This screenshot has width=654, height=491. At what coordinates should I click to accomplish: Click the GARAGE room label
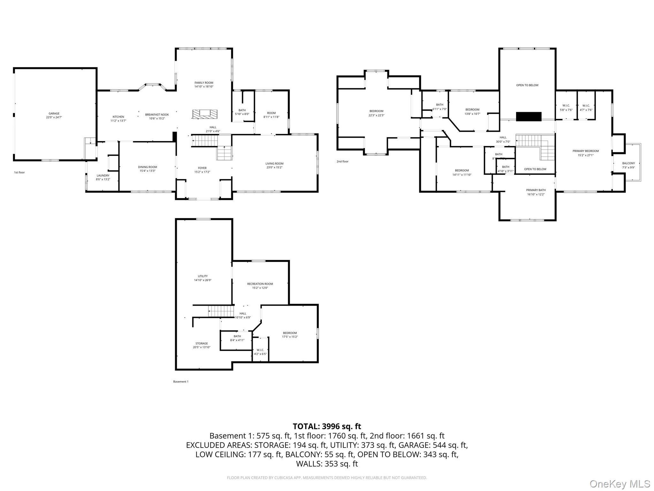click(54, 113)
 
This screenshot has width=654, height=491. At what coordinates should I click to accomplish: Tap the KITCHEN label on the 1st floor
click(118, 117)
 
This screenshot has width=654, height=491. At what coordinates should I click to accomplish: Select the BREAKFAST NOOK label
click(157, 114)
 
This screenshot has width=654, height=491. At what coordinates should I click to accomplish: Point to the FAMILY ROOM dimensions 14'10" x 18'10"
click(204, 87)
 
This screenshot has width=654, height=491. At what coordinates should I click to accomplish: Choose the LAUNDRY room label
click(103, 175)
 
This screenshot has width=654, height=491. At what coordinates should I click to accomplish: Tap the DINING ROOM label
click(148, 167)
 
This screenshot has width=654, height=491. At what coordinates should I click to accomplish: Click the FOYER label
click(202, 168)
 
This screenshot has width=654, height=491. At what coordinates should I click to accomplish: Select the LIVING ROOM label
click(274, 164)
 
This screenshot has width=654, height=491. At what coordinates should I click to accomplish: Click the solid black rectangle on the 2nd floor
click(529, 117)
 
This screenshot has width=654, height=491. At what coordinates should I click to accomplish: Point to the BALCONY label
click(628, 163)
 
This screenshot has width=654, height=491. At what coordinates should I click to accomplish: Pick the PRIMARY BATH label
click(536, 190)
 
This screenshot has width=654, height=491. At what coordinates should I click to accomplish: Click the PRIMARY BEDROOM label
click(585, 151)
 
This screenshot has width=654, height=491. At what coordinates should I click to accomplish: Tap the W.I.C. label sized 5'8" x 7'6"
click(566, 106)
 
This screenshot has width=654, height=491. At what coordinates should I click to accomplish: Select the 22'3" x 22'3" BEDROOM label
click(376, 111)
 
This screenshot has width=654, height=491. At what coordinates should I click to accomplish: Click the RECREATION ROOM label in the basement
click(260, 284)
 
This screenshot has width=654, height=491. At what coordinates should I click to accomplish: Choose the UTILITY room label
click(202, 276)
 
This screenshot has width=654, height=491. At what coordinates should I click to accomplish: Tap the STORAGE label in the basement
click(202, 343)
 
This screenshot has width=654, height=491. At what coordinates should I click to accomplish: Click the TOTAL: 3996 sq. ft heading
click(327, 426)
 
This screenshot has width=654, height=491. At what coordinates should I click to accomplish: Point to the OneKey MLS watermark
click(620, 484)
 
